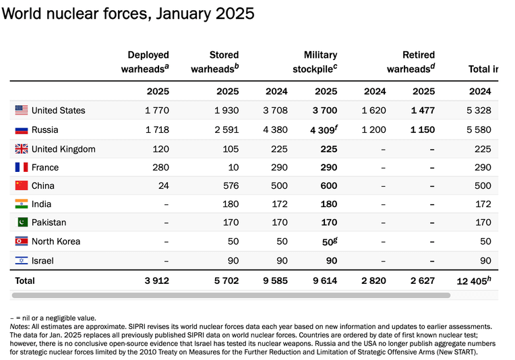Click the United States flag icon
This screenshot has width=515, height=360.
(x=22, y=110)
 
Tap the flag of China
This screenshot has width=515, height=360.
(x=22, y=185)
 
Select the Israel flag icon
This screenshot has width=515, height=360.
(x=22, y=260)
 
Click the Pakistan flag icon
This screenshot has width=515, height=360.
(x=22, y=222)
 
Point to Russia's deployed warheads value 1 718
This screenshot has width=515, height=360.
(x=157, y=129)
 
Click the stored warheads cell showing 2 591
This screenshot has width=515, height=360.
(x=226, y=129)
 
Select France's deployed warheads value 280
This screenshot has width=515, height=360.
(x=160, y=167)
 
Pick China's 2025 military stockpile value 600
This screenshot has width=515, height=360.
(x=329, y=185)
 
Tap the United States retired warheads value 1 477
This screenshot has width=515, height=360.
(x=423, y=111)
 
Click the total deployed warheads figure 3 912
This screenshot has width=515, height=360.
(x=156, y=280)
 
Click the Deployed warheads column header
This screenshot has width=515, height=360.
(x=145, y=62)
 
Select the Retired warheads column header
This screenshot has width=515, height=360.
(x=411, y=62)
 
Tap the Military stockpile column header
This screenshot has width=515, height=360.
(x=315, y=62)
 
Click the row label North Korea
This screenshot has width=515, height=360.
(x=56, y=241)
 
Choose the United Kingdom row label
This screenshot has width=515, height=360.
(x=63, y=149)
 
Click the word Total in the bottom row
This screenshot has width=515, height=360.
(x=25, y=280)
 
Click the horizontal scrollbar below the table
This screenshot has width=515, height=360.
(x=231, y=295)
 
